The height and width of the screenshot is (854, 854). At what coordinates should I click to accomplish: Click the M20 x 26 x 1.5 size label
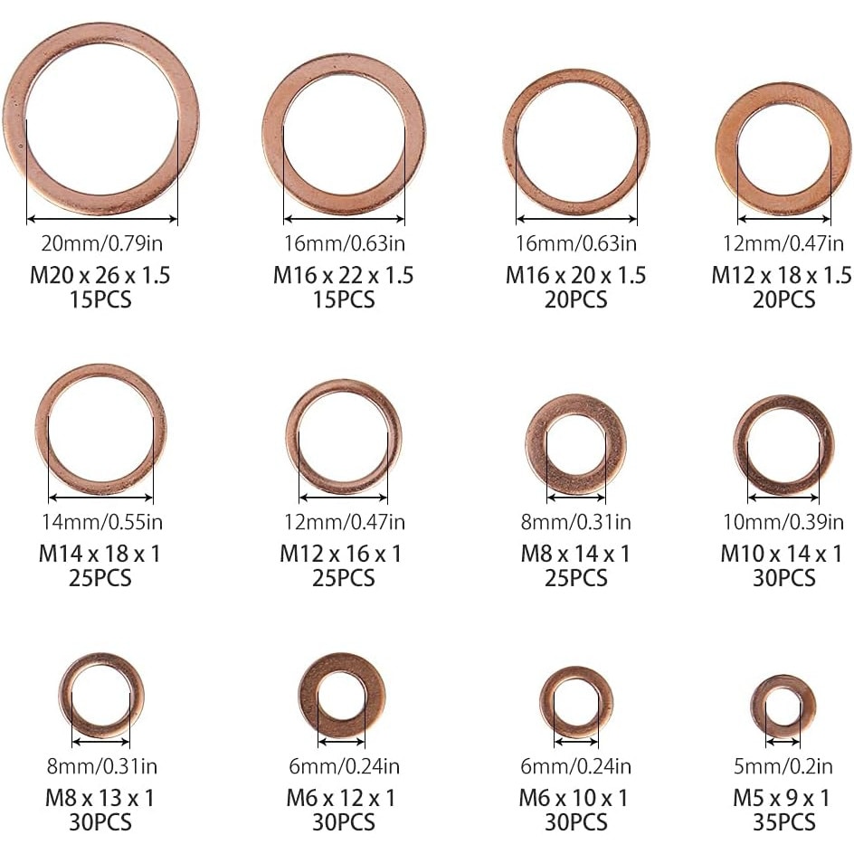(x=100, y=275)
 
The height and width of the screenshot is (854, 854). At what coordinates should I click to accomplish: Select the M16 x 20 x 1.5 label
(x=575, y=275)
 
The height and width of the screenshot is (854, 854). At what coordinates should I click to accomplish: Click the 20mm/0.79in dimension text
(x=102, y=243)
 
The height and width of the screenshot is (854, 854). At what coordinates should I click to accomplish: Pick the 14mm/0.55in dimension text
(x=102, y=522)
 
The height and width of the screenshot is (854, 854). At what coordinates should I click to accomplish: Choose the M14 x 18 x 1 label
(x=100, y=554)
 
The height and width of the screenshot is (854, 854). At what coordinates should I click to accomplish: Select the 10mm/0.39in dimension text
(x=783, y=522)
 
